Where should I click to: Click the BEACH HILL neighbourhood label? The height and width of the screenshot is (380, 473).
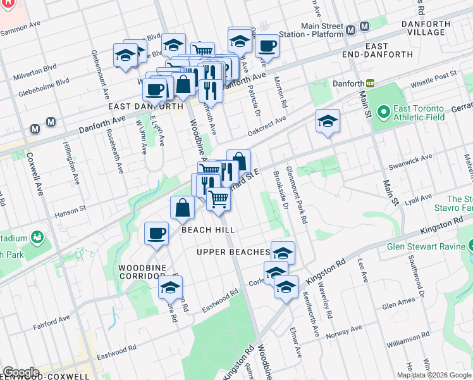(208, 230)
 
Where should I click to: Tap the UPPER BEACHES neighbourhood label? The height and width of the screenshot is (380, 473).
(233, 252)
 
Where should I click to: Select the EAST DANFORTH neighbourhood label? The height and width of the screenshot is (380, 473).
(145, 107)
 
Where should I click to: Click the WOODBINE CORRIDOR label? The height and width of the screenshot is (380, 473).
(142, 272)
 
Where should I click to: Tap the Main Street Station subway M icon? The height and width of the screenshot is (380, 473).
(364, 27)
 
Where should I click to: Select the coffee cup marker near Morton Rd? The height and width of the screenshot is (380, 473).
(267, 46)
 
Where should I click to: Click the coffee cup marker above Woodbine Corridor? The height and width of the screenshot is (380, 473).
(156, 233)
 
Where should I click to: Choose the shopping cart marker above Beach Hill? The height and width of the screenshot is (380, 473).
(218, 198)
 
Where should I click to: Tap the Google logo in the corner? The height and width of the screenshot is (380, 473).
(20, 372)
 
